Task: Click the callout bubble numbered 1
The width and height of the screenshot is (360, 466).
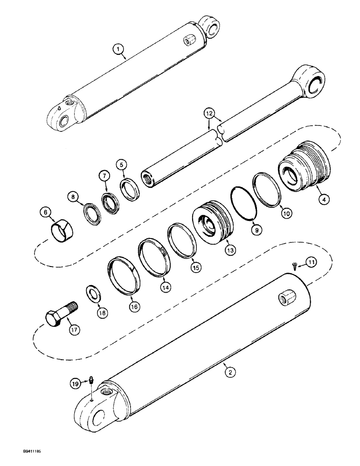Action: [x=119, y=49]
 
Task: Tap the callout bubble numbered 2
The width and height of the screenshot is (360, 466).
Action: [x=229, y=372]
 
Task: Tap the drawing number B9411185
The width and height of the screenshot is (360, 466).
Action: [x=18, y=452]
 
